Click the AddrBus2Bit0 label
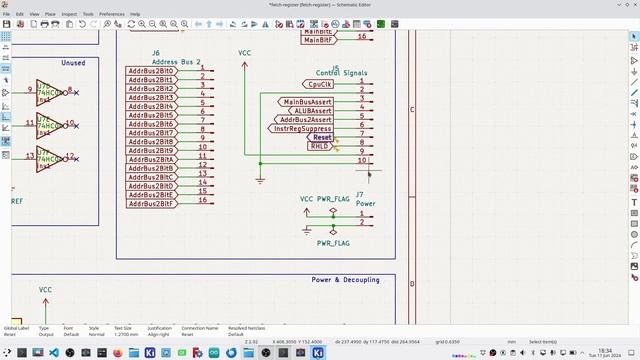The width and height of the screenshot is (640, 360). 152,71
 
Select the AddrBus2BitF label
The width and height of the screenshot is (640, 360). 152,203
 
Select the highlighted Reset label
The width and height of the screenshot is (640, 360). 322,137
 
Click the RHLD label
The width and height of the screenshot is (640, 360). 319,146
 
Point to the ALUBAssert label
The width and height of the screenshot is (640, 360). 310,111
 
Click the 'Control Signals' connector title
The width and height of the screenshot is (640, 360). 342,73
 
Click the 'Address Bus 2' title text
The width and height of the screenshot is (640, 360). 176,62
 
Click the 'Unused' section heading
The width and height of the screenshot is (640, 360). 73,63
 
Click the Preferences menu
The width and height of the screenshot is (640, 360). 112,14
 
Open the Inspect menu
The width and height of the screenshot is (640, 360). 69,14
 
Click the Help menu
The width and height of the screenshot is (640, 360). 136,14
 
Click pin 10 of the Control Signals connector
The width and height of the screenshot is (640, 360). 362,160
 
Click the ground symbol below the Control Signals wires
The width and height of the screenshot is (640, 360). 260,180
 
